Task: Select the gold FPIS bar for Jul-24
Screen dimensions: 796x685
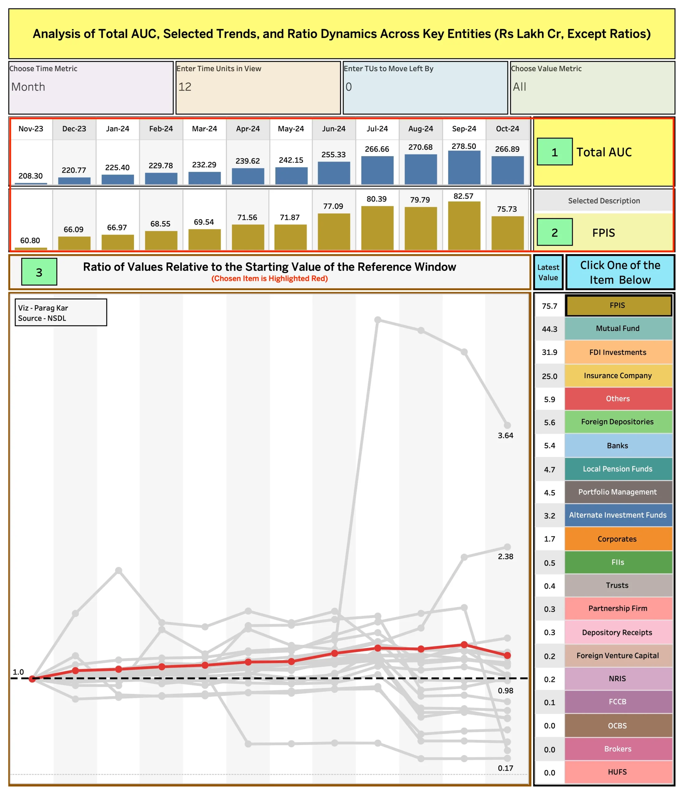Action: [x=377, y=228]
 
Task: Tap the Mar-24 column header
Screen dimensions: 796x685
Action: [x=204, y=129]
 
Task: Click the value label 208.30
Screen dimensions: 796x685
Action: [x=30, y=176]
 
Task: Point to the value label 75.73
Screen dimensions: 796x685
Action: [x=507, y=209]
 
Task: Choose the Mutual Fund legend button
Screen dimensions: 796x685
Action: [x=618, y=328]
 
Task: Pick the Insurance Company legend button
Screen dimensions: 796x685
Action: [x=618, y=375]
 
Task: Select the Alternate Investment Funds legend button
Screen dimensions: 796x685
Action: [x=618, y=515]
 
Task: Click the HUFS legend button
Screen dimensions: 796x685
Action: [x=618, y=772]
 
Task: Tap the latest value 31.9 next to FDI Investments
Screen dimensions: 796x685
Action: [x=549, y=352]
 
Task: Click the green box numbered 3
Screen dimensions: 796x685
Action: [x=39, y=272]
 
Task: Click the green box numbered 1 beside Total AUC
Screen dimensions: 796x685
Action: [x=554, y=152]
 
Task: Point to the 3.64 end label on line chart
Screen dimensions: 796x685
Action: [x=505, y=435]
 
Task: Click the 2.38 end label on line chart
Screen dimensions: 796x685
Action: [x=505, y=556]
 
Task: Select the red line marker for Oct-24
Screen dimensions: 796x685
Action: [x=507, y=655]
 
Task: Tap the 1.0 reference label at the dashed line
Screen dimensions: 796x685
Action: [x=18, y=672]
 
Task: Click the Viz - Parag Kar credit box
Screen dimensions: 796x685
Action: [x=61, y=313]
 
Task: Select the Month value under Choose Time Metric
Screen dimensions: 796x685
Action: [x=28, y=87]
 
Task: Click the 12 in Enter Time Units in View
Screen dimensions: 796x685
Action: [x=185, y=87]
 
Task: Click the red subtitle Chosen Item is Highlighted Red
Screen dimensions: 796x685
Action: [x=269, y=279]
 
